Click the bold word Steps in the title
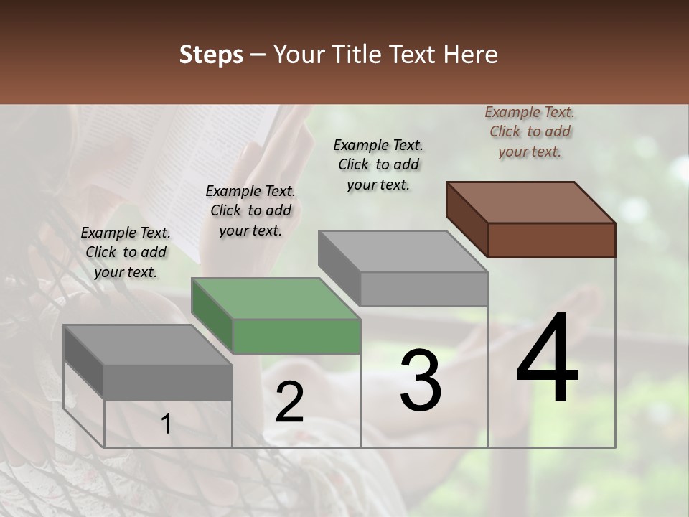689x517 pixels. (x=211, y=55)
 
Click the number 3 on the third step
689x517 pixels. (x=420, y=381)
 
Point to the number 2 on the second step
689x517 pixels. (x=289, y=402)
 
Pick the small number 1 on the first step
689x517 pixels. (x=167, y=424)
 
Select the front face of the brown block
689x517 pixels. (x=551, y=240)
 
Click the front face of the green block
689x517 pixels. (x=296, y=336)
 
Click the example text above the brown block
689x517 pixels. (x=530, y=132)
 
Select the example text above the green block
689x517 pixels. (x=250, y=210)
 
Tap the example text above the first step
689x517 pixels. (x=126, y=252)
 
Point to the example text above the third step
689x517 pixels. (x=378, y=164)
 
